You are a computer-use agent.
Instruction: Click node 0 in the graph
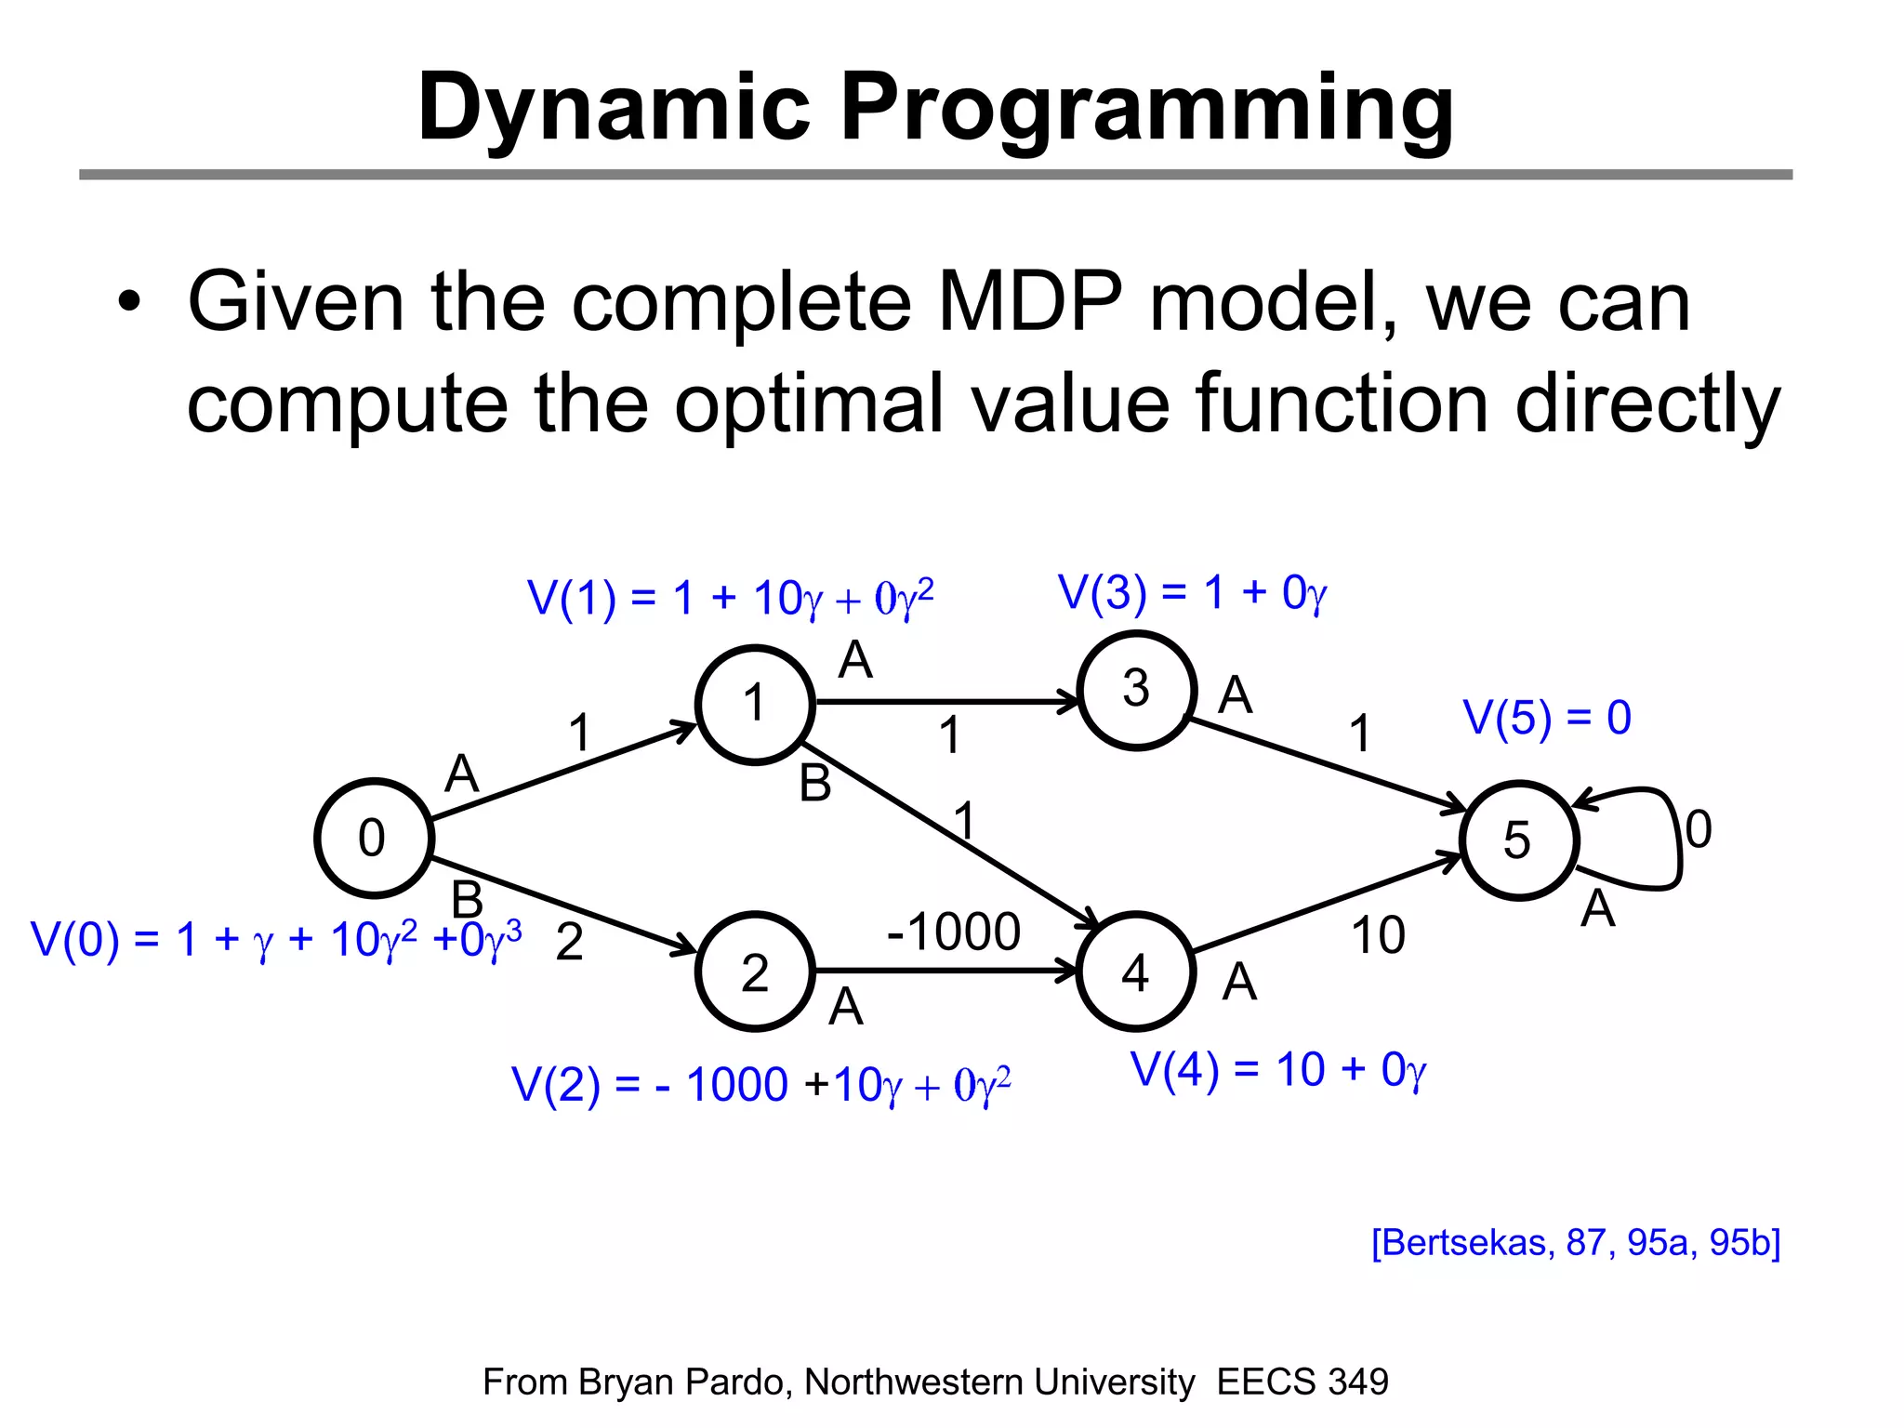[x=374, y=838]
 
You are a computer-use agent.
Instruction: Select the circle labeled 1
[x=755, y=704]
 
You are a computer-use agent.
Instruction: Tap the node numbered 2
[x=755, y=972]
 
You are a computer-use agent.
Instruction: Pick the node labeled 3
[x=1136, y=690]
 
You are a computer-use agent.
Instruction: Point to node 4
[x=1135, y=972]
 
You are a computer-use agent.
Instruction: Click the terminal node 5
[x=1518, y=840]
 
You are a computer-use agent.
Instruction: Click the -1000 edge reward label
[x=954, y=932]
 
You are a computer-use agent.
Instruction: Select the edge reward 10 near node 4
[x=1378, y=935]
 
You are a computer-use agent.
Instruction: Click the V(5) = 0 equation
[x=1547, y=718]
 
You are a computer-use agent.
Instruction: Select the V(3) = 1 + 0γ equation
[x=1192, y=593]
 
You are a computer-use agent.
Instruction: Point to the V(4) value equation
[x=1277, y=1070]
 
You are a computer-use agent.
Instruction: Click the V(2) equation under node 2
[x=760, y=1085]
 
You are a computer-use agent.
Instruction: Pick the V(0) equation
[x=276, y=940]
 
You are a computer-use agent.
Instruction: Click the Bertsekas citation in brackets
[x=1576, y=1242]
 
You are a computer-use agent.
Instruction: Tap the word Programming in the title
[x=1146, y=108]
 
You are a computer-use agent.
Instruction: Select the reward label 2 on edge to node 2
[x=569, y=943]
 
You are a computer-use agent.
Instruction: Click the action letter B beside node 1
[x=815, y=783]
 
